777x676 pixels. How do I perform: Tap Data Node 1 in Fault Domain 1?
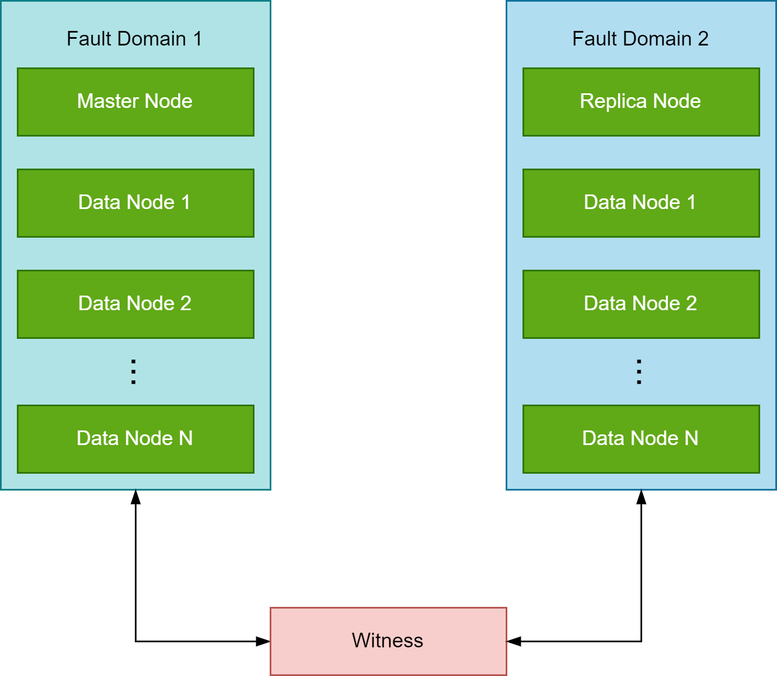[135, 203]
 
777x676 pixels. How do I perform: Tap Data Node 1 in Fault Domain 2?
[641, 203]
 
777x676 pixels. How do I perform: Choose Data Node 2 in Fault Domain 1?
[135, 304]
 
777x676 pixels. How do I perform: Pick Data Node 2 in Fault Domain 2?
[641, 304]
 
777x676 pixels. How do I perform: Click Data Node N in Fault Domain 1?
[135, 439]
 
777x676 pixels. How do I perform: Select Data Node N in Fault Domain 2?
[641, 439]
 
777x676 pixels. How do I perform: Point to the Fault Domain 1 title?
[134, 39]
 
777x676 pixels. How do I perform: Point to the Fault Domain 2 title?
[640, 39]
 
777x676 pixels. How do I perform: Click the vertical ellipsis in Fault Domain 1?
[133, 371]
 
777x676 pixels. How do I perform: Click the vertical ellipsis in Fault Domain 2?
[639, 371]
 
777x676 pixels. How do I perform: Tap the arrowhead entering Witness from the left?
[263, 641]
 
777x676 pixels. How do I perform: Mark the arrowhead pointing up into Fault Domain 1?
[135, 497]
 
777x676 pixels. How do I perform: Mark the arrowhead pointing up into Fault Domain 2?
[641, 497]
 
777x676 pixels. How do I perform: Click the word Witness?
[387, 641]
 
